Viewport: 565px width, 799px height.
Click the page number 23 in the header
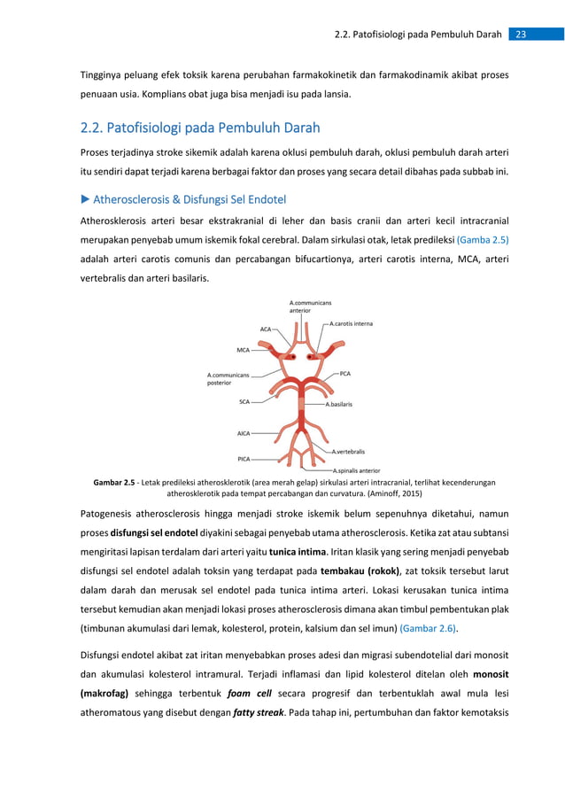[x=521, y=35]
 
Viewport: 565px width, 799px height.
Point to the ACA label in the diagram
[x=265, y=329]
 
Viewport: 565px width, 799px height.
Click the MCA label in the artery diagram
[x=243, y=349]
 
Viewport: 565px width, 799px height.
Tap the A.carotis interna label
[x=351, y=323]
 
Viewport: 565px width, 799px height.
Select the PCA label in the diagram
[x=345, y=374]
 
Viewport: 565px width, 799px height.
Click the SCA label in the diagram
[x=244, y=401]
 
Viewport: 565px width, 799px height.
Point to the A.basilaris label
[x=338, y=404]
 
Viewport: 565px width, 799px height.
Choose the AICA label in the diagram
[x=244, y=433]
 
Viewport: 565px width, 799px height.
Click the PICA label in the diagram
[x=244, y=459]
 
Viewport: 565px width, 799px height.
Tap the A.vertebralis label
[x=347, y=451]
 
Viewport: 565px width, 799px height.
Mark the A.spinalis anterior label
[x=356, y=470]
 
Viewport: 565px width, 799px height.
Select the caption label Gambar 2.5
[x=113, y=483]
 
